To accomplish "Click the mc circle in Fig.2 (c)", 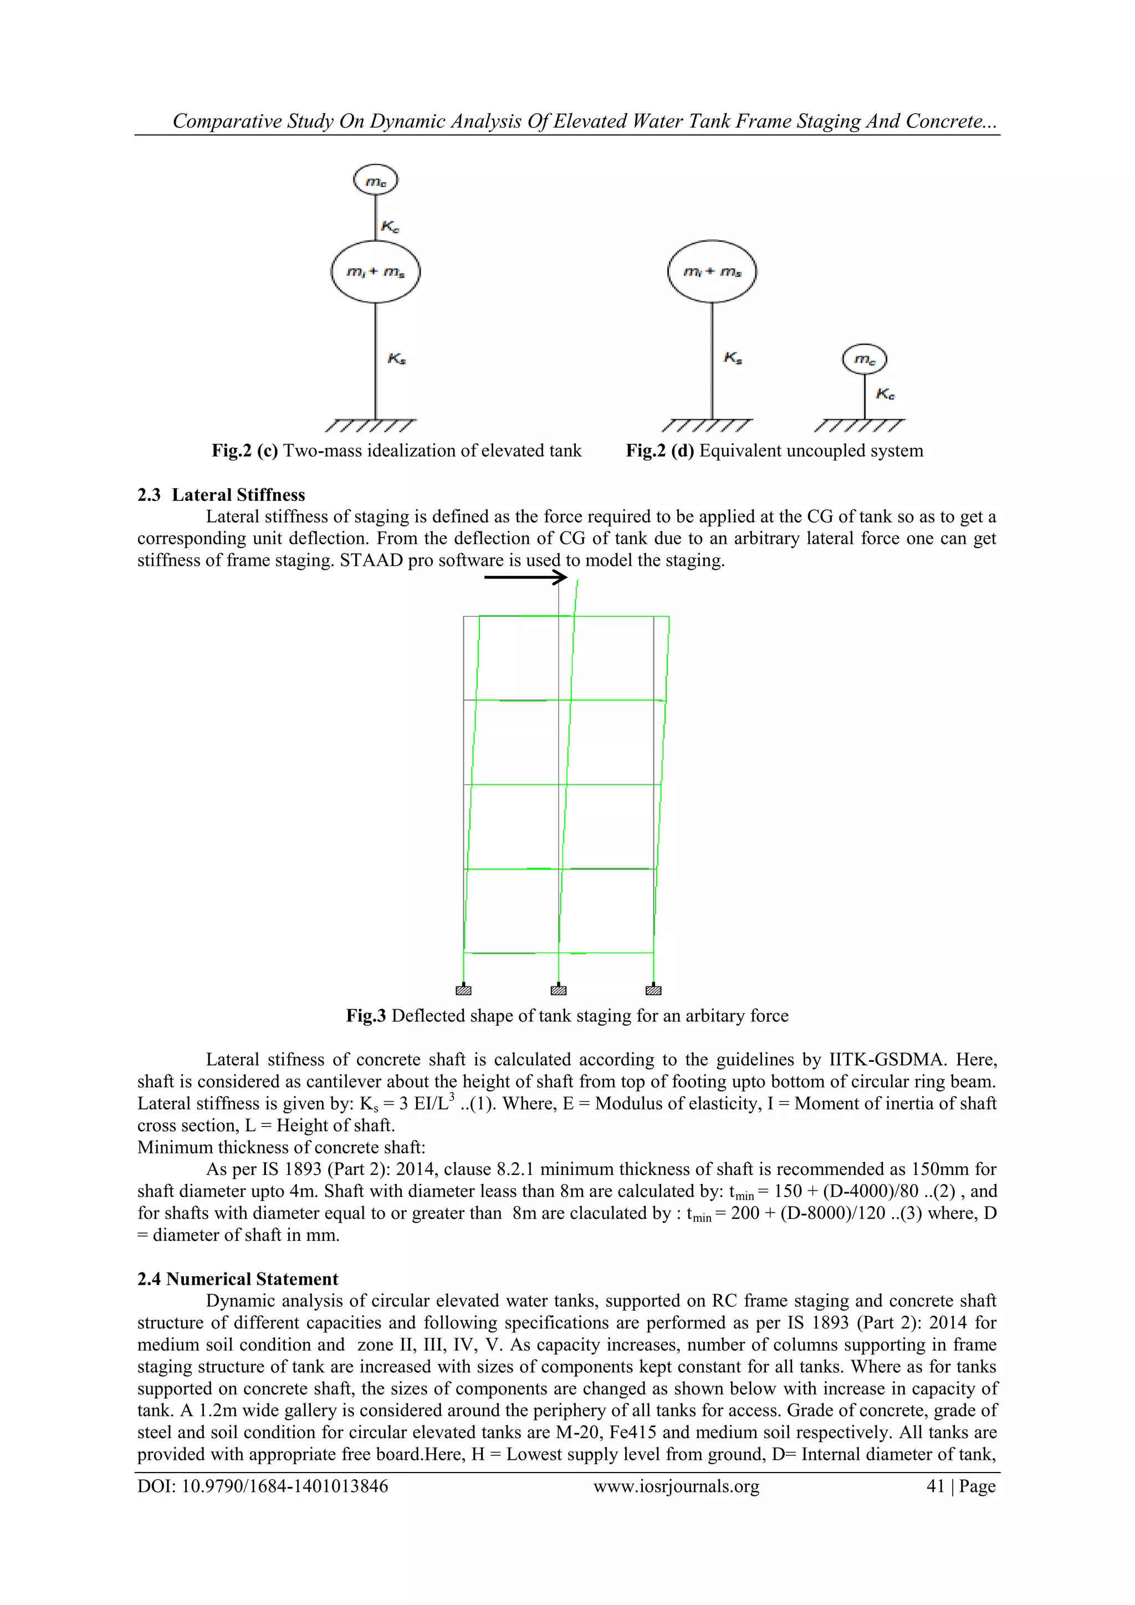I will coord(375,181).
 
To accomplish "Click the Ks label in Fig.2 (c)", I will coord(397,359).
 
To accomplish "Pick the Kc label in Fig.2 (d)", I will coord(886,394).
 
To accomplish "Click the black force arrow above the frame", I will coord(525,577).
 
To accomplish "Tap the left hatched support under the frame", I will coord(463,990).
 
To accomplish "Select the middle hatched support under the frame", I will coord(559,990).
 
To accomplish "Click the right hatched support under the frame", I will coord(653,990).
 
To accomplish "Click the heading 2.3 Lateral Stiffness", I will coord(221,495).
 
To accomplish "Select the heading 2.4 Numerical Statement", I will coord(238,1279).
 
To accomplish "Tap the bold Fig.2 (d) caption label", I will coord(659,451).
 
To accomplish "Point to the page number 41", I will coord(935,1486).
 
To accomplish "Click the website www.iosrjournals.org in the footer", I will coord(676,1486).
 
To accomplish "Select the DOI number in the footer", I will coord(284,1486).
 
